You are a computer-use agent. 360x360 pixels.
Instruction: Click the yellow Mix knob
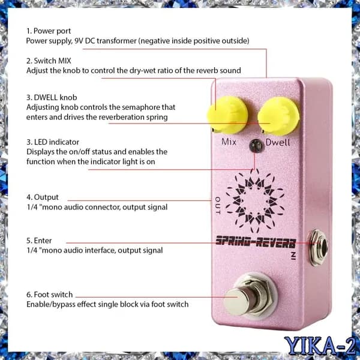coord(227,115)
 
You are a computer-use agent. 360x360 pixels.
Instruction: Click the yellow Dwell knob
coord(278,116)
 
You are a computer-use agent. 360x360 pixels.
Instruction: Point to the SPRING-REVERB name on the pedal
coord(256,242)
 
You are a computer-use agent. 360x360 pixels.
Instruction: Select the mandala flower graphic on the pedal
coord(255,200)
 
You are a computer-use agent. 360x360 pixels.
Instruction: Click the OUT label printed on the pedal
coord(217,205)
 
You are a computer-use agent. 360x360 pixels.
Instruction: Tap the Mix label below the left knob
coord(229,142)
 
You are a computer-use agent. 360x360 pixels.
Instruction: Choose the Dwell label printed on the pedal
coord(278,142)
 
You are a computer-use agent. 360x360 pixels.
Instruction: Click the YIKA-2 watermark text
coord(320,346)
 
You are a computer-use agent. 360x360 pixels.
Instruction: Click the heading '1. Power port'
coord(49,31)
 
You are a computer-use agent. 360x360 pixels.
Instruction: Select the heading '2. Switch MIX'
coord(49,61)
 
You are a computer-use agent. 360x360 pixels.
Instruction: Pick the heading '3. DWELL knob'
coord(52,98)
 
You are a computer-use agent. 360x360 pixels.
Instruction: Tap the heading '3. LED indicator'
coord(53,142)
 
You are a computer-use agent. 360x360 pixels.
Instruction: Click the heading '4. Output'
coord(43,197)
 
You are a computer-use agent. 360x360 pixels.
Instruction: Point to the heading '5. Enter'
coord(39,241)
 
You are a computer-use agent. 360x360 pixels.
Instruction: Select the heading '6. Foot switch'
coord(50,295)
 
